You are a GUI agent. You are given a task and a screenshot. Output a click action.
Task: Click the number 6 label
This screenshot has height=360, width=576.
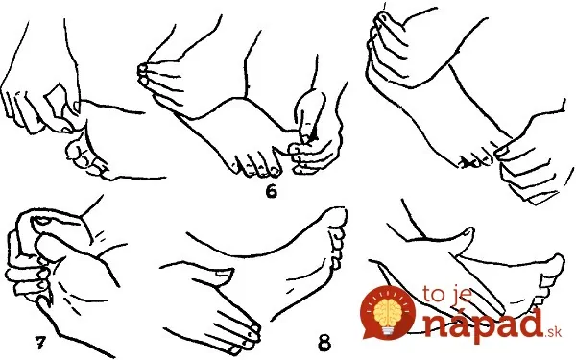click(271, 191)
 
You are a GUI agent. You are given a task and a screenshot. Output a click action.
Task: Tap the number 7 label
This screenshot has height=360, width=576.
click(41, 343)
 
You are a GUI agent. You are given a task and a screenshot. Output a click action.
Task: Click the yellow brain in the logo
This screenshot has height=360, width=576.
click(389, 311)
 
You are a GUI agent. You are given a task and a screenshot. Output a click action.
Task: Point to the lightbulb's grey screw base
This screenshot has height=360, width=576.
click(389, 330)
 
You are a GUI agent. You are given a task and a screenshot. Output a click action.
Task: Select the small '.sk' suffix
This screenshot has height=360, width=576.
click(553, 332)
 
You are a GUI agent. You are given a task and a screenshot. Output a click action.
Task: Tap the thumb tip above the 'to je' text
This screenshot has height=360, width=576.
click(468, 232)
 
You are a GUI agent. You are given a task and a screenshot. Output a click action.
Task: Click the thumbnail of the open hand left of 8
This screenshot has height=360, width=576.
click(223, 273)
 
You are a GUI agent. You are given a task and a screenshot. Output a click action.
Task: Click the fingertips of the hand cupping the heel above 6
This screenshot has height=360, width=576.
click(143, 74)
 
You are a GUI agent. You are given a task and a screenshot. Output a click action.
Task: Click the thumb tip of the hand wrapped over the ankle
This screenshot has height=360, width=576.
click(380, 16)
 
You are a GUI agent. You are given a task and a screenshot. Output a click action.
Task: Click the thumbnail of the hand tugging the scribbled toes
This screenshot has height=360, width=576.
click(502, 151)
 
